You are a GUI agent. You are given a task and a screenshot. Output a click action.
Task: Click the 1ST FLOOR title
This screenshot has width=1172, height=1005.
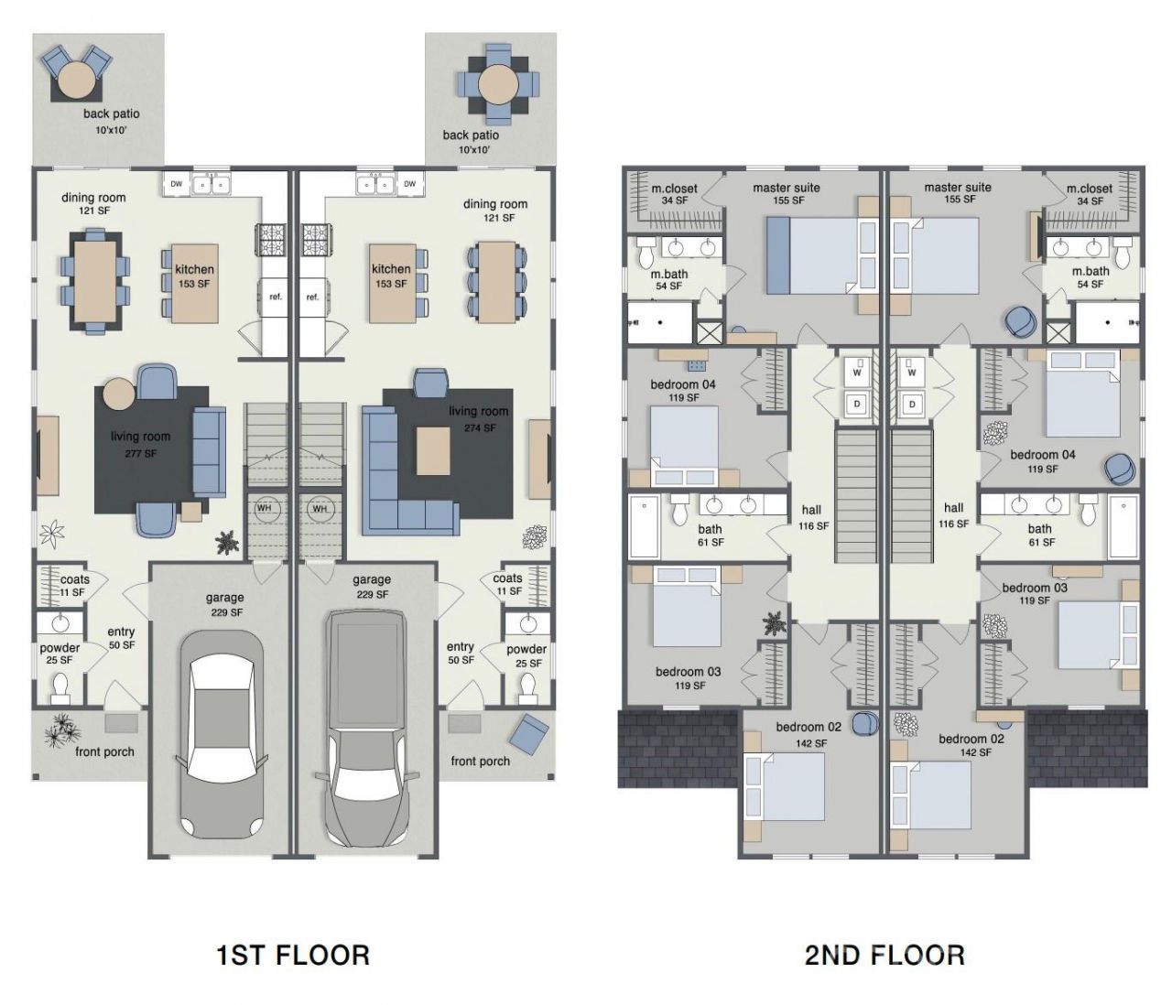pyautogui.click(x=293, y=955)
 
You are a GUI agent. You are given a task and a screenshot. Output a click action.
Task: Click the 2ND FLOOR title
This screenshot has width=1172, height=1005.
pyautogui.click(x=884, y=955)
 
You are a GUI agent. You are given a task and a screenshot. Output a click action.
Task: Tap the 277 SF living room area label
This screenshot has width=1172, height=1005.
pyautogui.click(x=141, y=453)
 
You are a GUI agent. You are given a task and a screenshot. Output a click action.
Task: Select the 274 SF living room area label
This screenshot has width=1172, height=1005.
pyautogui.click(x=481, y=428)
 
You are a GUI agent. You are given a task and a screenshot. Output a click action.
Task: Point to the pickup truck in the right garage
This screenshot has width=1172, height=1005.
pyautogui.click(x=365, y=728)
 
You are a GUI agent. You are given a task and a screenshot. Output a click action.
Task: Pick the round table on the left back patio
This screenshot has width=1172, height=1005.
pyautogui.click(x=75, y=80)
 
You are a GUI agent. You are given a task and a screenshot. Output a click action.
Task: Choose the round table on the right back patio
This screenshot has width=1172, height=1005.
pyautogui.click(x=498, y=85)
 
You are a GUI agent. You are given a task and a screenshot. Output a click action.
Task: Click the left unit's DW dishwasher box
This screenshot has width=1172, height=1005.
pyautogui.click(x=177, y=184)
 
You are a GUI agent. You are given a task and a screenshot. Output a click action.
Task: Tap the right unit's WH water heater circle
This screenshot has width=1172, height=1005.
pyautogui.click(x=320, y=509)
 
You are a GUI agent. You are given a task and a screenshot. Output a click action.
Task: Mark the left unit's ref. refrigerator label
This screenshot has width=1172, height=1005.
pyautogui.click(x=276, y=297)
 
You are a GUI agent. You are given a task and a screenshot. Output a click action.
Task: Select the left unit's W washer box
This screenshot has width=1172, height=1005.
pyautogui.click(x=857, y=373)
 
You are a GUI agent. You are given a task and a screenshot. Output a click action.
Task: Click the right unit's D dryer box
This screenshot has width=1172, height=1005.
pyautogui.click(x=912, y=405)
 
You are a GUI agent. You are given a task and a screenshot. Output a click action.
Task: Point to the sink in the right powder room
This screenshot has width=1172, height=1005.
pyautogui.click(x=528, y=623)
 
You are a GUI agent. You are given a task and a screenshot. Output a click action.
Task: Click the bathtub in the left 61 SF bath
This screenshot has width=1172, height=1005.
pyautogui.click(x=644, y=526)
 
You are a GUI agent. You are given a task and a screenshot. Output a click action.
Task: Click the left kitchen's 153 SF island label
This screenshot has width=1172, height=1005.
pyautogui.click(x=194, y=284)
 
